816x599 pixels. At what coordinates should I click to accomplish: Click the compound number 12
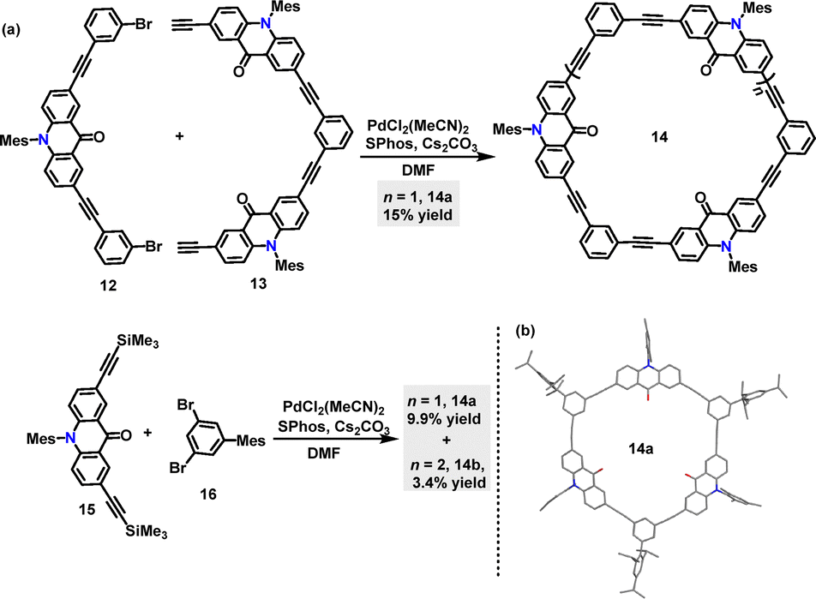coord(109,285)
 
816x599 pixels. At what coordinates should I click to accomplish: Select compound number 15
coord(87,508)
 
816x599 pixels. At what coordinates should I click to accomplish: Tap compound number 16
coord(207,494)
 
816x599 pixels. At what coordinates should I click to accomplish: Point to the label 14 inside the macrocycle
coord(659,137)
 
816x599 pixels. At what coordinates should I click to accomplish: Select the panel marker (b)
coord(525,331)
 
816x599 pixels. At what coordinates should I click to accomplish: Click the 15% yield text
coord(418,214)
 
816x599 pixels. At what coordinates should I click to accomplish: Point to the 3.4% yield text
coord(449,482)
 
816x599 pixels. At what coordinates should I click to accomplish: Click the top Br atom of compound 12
coord(144,25)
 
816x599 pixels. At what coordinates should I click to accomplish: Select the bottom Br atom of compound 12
coord(153,246)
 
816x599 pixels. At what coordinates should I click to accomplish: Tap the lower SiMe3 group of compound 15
coord(147,532)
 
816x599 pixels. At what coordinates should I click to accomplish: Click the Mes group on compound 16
coord(251,440)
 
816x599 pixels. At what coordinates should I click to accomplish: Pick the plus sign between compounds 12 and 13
coord(179,137)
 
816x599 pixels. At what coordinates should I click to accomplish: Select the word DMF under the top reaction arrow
coord(418,171)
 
